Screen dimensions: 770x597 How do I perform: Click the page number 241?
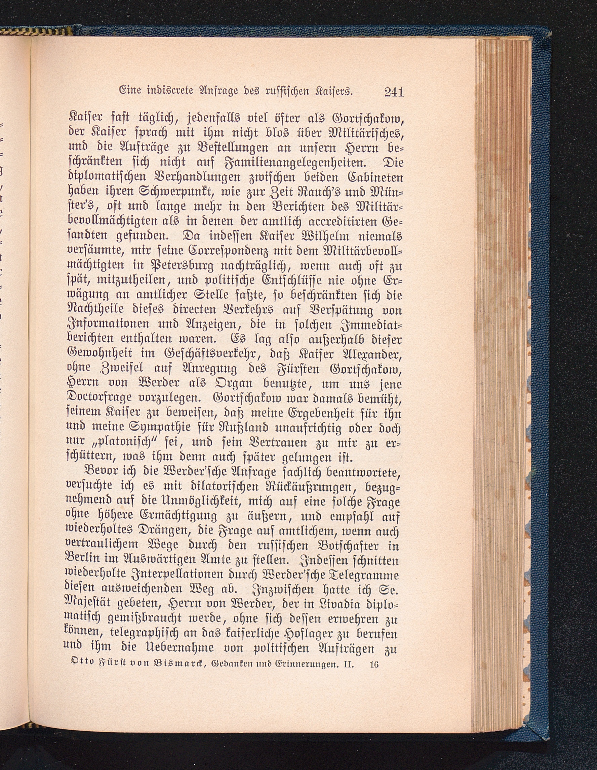pos(394,93)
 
